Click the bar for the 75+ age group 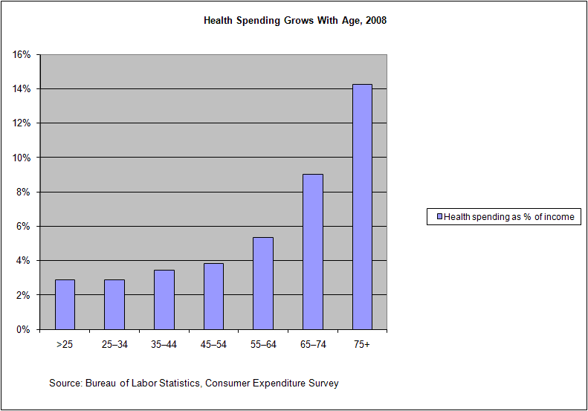tap(362, 207)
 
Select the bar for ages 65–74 tap(313, 251)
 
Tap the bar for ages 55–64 tap(263, 283)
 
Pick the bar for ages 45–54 tap(213, 296)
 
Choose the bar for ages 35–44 tap(164, 300)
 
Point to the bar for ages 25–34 tap(114, 304)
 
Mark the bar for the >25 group tap(65, 304)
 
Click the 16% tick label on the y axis tap(21, 54)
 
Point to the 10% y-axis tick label tap(21, 158)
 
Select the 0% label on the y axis tap(23, 329)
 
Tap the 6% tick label tap(23, 226)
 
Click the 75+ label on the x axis tap(362, 345)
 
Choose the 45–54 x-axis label tap(213, 345)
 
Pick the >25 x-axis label tap(65, 345)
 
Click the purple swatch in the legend tap(439, 217)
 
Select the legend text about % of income tap(509, 217)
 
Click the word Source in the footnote tap(65, 384)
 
